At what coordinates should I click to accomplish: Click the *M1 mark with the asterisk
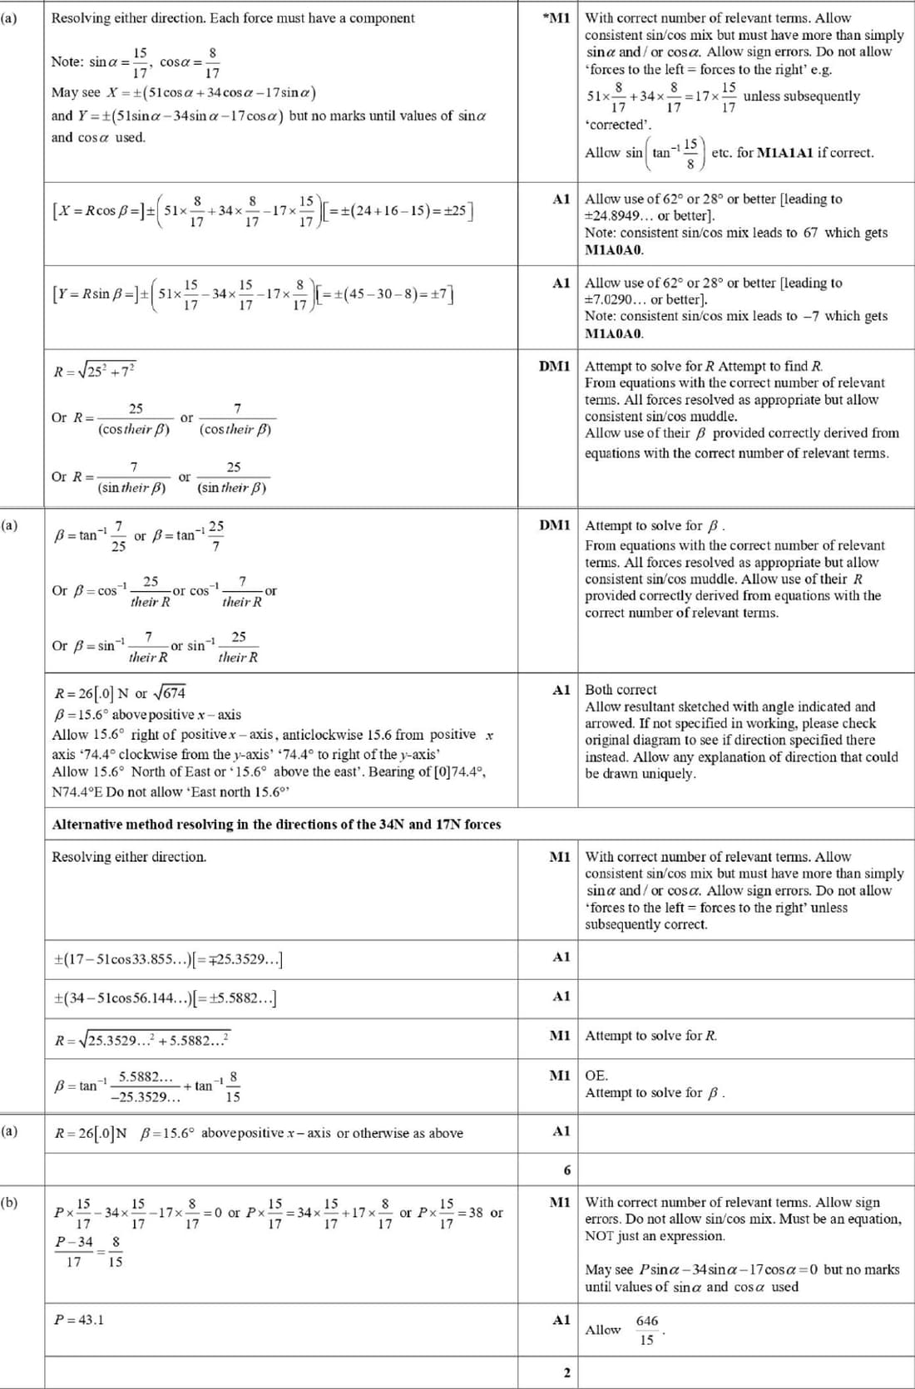coord(555,17)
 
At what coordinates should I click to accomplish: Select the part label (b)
coord(9,1202)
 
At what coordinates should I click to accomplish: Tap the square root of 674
coord(173,692)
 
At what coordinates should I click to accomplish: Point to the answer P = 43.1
coord(79,1319)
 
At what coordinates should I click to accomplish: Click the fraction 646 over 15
coord(646,1330)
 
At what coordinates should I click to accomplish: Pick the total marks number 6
coord(567,1170)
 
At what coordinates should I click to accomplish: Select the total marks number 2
coord(567,1372)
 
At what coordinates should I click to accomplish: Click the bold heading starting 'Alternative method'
coord(276,824)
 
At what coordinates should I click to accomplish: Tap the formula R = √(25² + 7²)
coord(95,371)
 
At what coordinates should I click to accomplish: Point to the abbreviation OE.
coord(596,1075)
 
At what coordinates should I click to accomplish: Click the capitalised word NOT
coord(601,1235)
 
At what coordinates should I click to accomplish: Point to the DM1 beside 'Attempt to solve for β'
coord(555,525)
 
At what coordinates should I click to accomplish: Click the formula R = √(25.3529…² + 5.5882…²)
coord(141,1040)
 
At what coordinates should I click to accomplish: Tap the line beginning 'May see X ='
coord(184,92)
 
